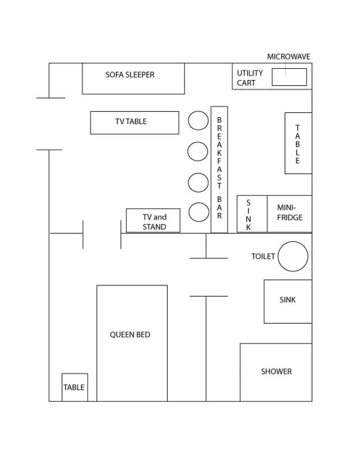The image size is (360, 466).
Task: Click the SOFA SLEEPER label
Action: [130, 75]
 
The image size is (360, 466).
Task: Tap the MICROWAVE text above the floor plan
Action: [288, 56]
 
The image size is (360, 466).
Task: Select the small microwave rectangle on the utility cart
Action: [289, 77]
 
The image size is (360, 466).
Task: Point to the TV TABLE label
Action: [131, 121]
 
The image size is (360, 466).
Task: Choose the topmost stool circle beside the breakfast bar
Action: [198, 121]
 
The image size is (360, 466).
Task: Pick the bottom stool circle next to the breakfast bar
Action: [199, 212]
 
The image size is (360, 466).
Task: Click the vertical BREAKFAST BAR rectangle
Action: [219, 169]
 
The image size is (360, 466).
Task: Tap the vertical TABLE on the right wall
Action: [298, 143]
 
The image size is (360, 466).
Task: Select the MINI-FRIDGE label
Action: [289, 212]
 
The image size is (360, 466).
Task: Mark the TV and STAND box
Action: [153, 221]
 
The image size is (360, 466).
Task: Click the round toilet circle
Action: [293, 257]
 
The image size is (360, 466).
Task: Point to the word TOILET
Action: [264, 257]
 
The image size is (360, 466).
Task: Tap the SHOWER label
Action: [276, 371]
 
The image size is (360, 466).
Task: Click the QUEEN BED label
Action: [130, 334]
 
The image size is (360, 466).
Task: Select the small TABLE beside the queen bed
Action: [74, 387]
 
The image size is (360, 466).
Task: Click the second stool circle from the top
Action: [198, 151]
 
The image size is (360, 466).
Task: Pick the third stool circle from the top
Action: [198, 182]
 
